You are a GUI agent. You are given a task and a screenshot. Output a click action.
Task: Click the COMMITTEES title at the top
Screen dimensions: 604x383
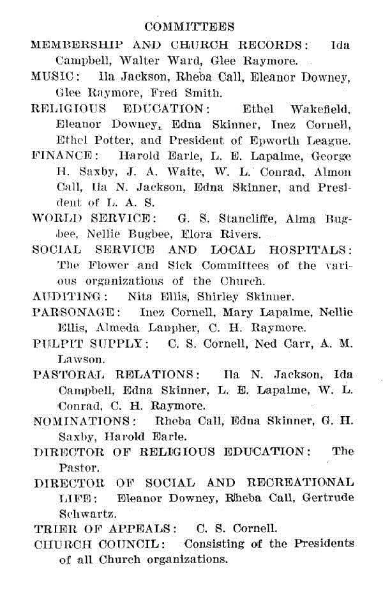click(x=190, y=27)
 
